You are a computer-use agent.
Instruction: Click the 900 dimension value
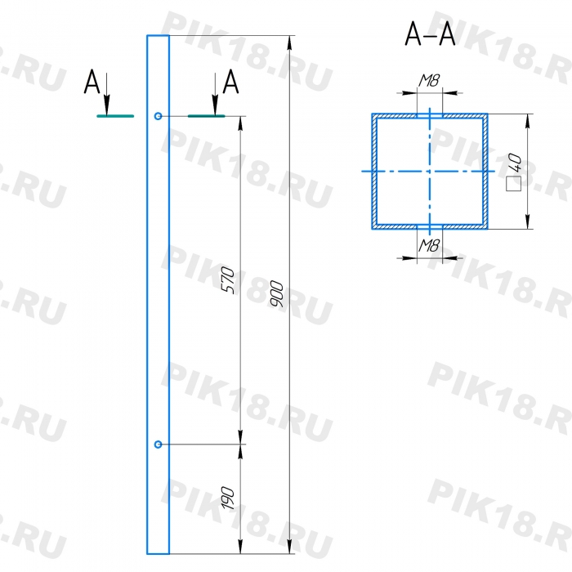277,293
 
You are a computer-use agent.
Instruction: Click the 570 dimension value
228,279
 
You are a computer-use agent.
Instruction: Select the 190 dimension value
228,498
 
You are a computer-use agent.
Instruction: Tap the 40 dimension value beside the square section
514,163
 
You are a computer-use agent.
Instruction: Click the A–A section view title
430,34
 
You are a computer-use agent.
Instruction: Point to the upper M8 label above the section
429,81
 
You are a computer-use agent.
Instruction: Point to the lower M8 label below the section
429,245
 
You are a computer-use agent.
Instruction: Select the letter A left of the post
92,82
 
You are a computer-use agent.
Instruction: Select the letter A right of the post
230,82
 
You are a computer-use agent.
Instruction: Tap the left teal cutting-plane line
115,116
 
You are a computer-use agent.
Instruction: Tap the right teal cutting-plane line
207,116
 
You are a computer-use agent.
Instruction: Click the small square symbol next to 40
514,184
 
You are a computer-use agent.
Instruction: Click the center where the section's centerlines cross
430,171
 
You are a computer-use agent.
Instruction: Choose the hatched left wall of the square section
374,172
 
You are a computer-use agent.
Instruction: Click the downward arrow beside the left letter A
106,94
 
